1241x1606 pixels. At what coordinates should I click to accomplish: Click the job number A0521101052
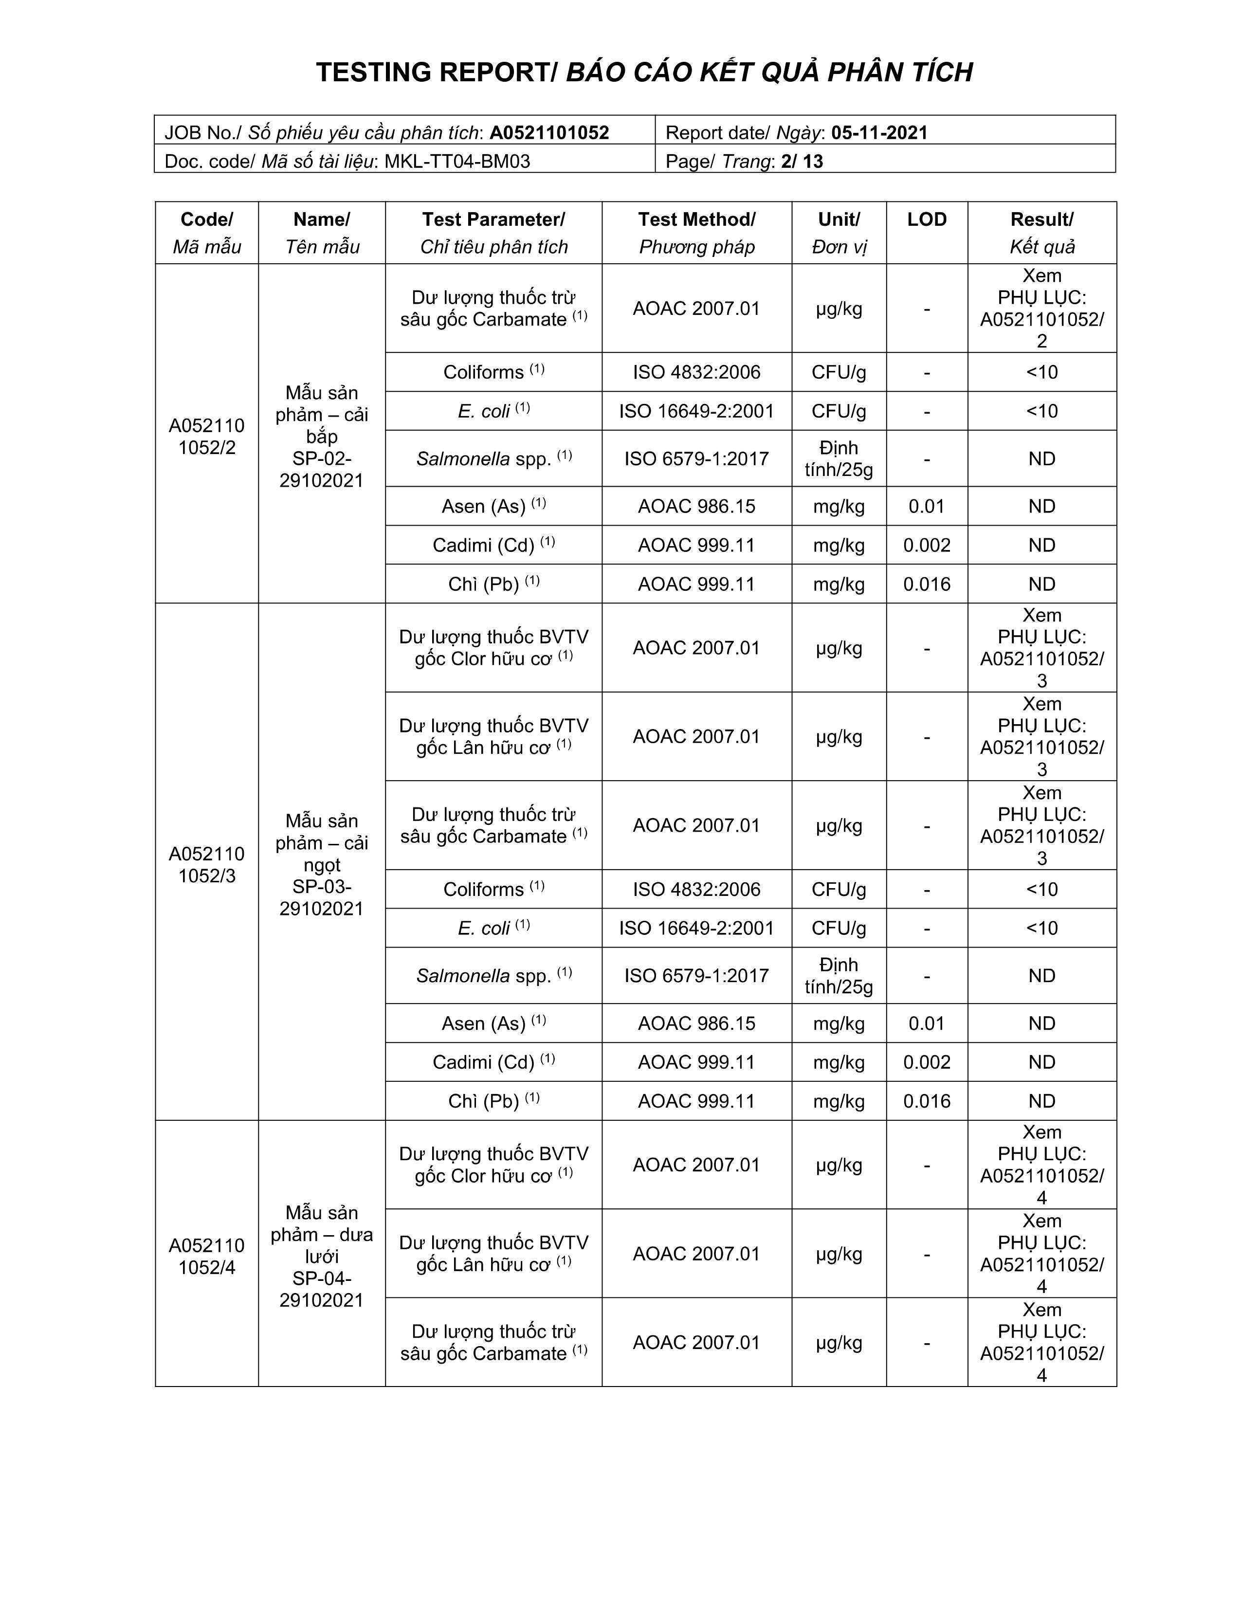[549, 132]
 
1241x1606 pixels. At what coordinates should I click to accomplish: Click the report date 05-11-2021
[879, 132]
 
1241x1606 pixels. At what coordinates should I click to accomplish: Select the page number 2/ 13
[802, 161]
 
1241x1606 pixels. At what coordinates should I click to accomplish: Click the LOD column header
[926, 219]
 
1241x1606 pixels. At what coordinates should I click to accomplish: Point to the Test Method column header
[696, 232]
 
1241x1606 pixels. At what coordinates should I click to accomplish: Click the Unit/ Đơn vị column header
[839, 232]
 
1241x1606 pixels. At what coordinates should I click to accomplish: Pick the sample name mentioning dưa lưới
[321, 1256]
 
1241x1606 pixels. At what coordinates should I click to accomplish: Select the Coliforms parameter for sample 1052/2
[493, 372]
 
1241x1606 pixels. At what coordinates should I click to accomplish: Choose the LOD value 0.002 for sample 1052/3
[926, 1062]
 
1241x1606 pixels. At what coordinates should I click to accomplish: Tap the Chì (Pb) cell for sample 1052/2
[493, 584]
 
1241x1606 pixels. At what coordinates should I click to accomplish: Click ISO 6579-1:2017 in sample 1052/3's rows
[696, 976]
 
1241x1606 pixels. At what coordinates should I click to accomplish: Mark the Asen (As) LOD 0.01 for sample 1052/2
[926, 506]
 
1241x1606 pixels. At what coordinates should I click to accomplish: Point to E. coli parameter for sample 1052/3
[493, 928]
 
